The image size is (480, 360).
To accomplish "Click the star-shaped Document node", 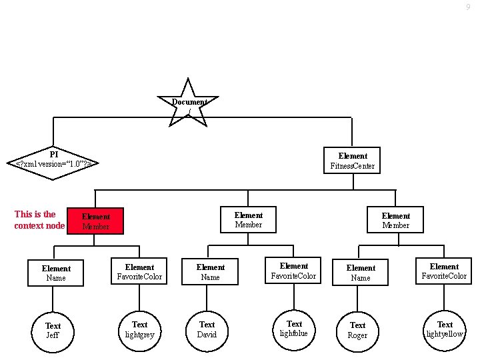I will (189, 103).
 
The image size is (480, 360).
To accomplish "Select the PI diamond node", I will (54, 161).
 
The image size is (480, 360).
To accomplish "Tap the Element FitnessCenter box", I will (352, 161).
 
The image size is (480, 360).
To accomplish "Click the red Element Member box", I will (95, 221).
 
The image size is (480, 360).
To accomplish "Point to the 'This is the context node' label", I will (39, 220).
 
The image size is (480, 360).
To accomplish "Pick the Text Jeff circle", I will (53, 330).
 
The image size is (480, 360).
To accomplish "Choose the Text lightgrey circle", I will (139, 329).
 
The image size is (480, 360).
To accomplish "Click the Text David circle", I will (207, 329).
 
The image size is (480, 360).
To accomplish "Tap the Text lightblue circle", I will (294, 328).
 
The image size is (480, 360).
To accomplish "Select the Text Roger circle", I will (357, 330).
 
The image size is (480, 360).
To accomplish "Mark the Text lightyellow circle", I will (444, 329).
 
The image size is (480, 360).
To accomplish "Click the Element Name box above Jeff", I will (55, 273).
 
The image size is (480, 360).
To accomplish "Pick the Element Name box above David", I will (210, 272).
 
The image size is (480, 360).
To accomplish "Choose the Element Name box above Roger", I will (360, 273).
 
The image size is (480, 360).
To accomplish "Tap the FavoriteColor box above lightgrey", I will (139, 271).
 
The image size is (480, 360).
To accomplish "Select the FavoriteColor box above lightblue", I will (293, 271).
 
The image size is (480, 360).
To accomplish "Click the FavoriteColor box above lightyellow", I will (444, 271).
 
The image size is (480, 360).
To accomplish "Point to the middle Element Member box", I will (248, 220).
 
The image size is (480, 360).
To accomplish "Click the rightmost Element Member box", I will (395, 220).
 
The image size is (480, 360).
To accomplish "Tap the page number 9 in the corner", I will (468, 7).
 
